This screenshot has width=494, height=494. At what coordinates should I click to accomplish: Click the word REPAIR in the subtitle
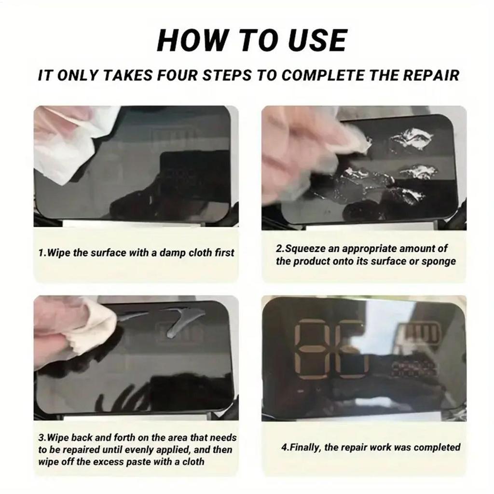click(x=431, y=75)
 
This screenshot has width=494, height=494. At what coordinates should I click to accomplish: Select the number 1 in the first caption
click(x=41, y=253)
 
